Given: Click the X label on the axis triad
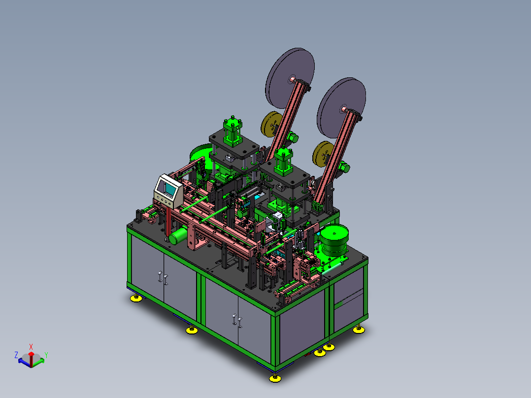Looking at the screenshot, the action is tap(31, 347).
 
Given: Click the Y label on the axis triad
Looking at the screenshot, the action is tap(46, 355).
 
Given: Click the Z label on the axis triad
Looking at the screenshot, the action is tap(16, 355).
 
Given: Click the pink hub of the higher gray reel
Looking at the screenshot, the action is tap(292, 80).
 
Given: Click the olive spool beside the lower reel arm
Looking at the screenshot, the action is tap(323, 154).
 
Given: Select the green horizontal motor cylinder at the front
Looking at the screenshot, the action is tap(178, 236).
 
